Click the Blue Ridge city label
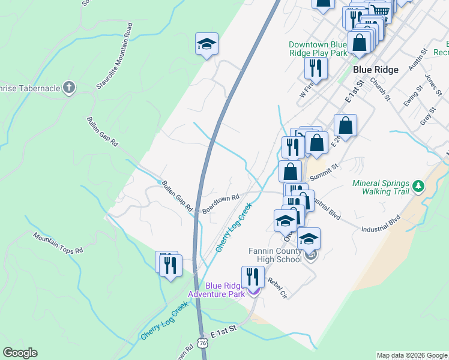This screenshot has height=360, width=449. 376,70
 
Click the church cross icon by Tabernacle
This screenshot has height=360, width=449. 69,88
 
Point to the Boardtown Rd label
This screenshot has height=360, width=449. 221,203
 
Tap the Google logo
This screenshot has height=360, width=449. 20,353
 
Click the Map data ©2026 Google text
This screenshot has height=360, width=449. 412,355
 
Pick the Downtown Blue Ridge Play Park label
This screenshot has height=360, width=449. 318,49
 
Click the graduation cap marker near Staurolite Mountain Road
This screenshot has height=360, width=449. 206,44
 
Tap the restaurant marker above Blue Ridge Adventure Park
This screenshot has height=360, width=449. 253,277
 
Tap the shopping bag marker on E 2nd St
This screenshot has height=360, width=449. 346,125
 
